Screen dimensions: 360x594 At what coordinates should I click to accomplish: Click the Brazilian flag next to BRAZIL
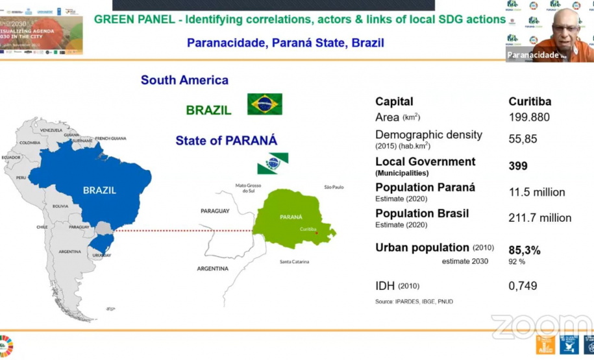264,104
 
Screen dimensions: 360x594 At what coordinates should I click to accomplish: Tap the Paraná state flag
273,163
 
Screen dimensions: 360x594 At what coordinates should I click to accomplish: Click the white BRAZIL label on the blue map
99,190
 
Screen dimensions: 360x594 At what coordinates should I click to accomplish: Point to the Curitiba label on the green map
308,229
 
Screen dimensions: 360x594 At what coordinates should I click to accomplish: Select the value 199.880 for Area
528,117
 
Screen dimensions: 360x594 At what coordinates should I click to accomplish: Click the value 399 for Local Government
517,166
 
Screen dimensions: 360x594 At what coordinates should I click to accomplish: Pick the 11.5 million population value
536,192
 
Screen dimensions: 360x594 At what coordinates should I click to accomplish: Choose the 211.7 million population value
539,218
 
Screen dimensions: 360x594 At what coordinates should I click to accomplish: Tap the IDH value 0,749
523,286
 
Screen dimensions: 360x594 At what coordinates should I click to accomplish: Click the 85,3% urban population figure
525,250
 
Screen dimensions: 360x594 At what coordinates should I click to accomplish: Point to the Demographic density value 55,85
522,139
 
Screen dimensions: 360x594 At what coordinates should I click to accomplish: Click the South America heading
184,80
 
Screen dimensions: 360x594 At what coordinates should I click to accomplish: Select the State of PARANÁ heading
226,141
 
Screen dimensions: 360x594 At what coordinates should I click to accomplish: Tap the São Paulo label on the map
334,187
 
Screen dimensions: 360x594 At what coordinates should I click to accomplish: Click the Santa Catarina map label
294,262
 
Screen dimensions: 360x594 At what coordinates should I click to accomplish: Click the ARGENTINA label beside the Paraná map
213,268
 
